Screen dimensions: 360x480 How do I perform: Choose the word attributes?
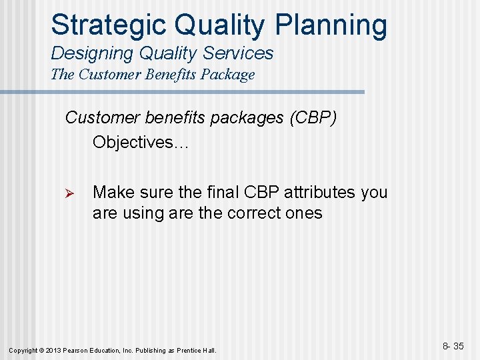321,192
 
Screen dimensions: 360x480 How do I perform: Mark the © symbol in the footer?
41,350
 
